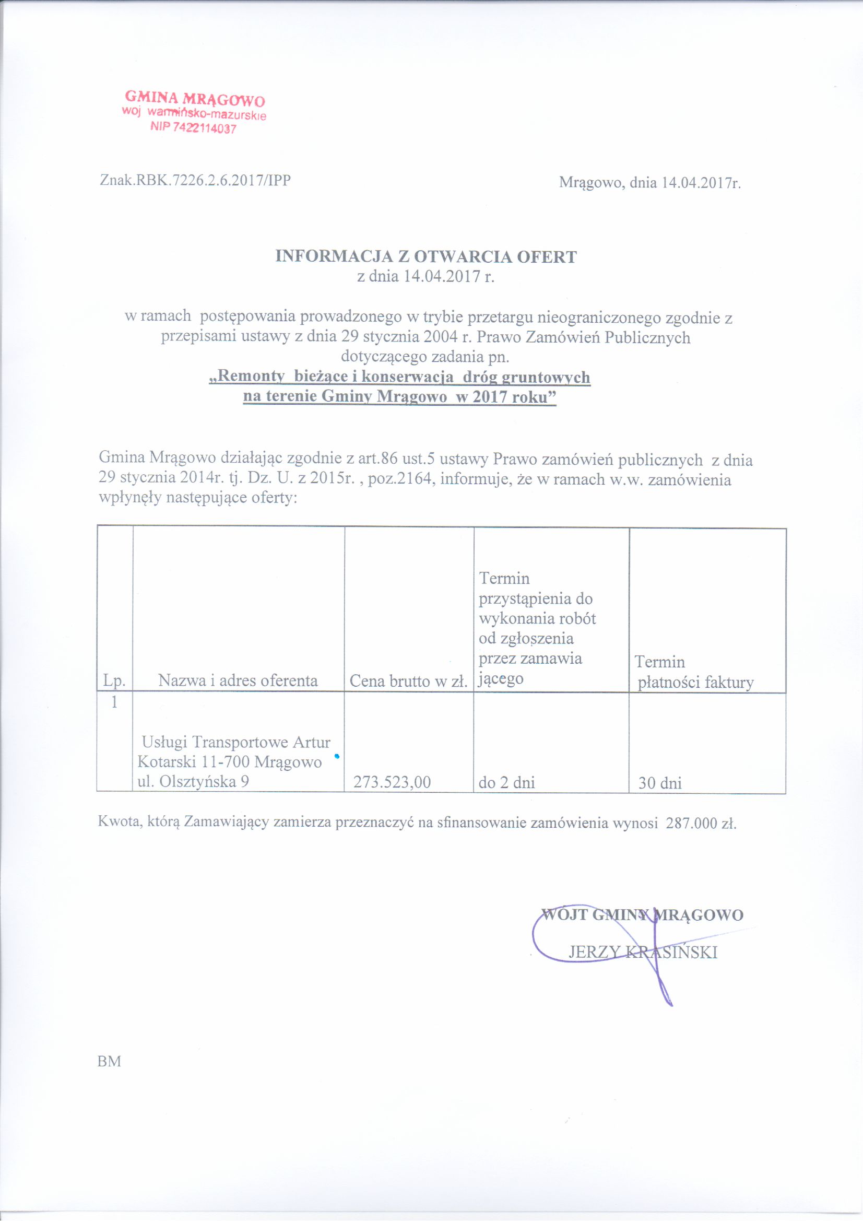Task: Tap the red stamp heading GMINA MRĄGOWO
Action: click(x=195, y=98)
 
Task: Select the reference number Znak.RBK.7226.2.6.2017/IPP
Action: click(x=195, y=180)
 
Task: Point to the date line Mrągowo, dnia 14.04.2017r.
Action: click(x=650, y=183)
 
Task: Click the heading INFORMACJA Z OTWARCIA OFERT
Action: click(x=425, y=257)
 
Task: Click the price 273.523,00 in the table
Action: click(x=392, y=782)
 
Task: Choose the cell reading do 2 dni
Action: click(x=507, y=782)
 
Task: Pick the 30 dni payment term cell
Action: click(x=660, y=783)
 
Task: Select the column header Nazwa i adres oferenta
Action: click(x=238, y=680)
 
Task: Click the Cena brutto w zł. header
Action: click(x=408, y=682)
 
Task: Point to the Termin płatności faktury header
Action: click(x=695, y=673)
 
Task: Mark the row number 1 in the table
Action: click(x=114, y=702)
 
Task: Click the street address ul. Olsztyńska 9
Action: click(x=193, y=781)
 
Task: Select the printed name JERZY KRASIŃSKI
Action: click(x=643, y=953)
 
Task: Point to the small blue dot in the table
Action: click(x=337, y=756)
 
